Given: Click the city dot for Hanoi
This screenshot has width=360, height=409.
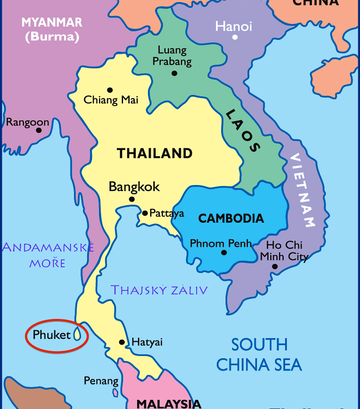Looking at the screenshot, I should pyautogui.click(x=235, y=37).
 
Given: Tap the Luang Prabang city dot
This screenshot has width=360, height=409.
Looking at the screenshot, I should pyautogui.click(x=174, y=73).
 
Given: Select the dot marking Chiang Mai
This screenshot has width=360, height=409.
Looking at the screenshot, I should pyautogui.click(x=110, y=90).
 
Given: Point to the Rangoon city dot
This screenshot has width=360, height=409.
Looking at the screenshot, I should pyautogui.click(x=39, y=130).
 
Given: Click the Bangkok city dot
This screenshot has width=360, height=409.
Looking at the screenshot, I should pyautogui.click(x=132, y=199).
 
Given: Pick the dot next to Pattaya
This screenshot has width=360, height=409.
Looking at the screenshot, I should pyautogui.click(x=145, y=213).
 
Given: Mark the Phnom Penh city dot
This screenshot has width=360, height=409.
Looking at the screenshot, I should pyautogui.click(x=224, y=252).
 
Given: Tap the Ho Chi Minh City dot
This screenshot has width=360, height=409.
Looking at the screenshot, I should pyautogui.click(x=275, y=266).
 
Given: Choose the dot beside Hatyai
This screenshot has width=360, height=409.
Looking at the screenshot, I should pyautogui.click(x=122, y=342).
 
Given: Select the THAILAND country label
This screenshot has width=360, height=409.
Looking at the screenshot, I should pyautogui.click(x=155, y=154).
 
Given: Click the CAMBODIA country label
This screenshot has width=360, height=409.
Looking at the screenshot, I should pyautogui.click(x=231, y=218).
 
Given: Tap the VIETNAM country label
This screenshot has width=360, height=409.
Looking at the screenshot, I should pyautogui.click(x=303, y=190).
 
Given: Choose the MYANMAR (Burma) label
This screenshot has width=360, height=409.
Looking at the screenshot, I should pyautogui.click(x=52, y=29).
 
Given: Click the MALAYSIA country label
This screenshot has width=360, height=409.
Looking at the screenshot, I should pyautogui.click(x=169, y=403).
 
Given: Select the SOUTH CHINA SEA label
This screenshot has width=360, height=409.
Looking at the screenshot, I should pyautogui.click(x=259, y=354).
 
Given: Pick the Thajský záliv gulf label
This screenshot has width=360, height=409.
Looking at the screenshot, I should pyautogui.click(x=159, y=290).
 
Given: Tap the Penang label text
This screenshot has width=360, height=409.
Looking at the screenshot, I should pyautogui.click(x=101, y=381).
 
